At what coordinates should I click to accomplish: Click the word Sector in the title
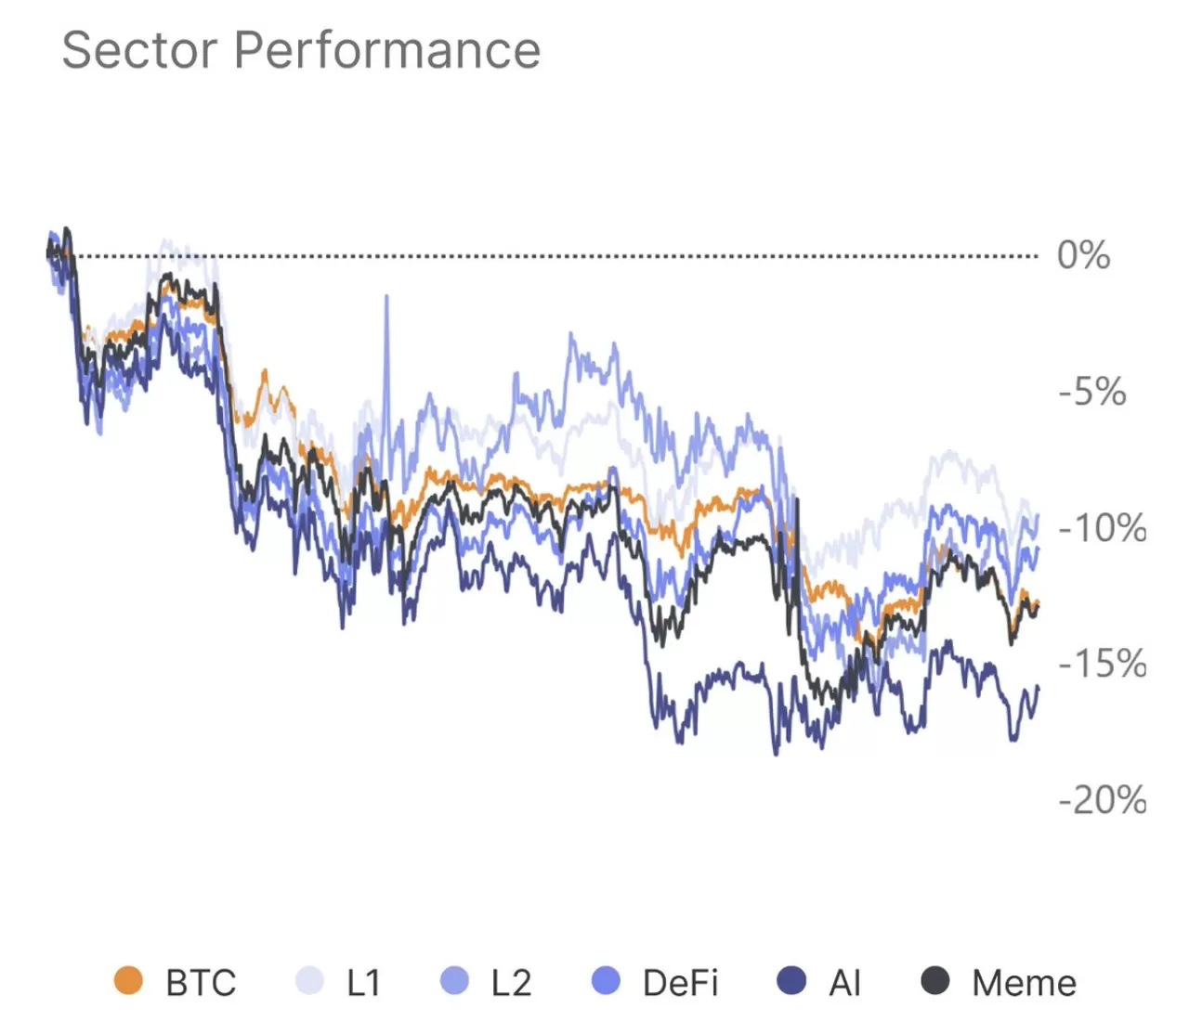tap(140, 50)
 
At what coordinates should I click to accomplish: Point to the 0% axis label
tap(1083, 255)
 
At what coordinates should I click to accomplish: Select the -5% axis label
tap(1092, 392)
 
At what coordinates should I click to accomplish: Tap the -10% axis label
tap(1102, 528)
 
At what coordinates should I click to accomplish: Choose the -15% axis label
tap(1102, 665)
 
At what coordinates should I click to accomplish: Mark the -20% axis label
tap(1102, 800)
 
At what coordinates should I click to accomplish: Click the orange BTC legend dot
tap(128, 981)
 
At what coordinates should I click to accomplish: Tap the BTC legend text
tap(201, 983)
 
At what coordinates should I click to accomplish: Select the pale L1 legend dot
tap(309, 981)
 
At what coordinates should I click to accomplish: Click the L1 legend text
tap(363, 983)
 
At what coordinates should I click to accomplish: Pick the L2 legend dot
tap(454, 981)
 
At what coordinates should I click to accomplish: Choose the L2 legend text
tap(511, 983)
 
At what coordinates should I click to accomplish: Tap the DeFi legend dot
tap(606, 981)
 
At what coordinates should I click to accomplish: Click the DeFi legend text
tap(680, 983)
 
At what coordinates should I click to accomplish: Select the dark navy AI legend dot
tap(791, 981)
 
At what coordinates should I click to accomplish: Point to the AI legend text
tap(844, 983)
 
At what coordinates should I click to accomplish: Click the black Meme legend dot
tap(935, 981)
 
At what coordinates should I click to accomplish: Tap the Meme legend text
tap(1024, 983)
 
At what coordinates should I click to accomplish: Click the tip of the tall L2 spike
tap(386, 297)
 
